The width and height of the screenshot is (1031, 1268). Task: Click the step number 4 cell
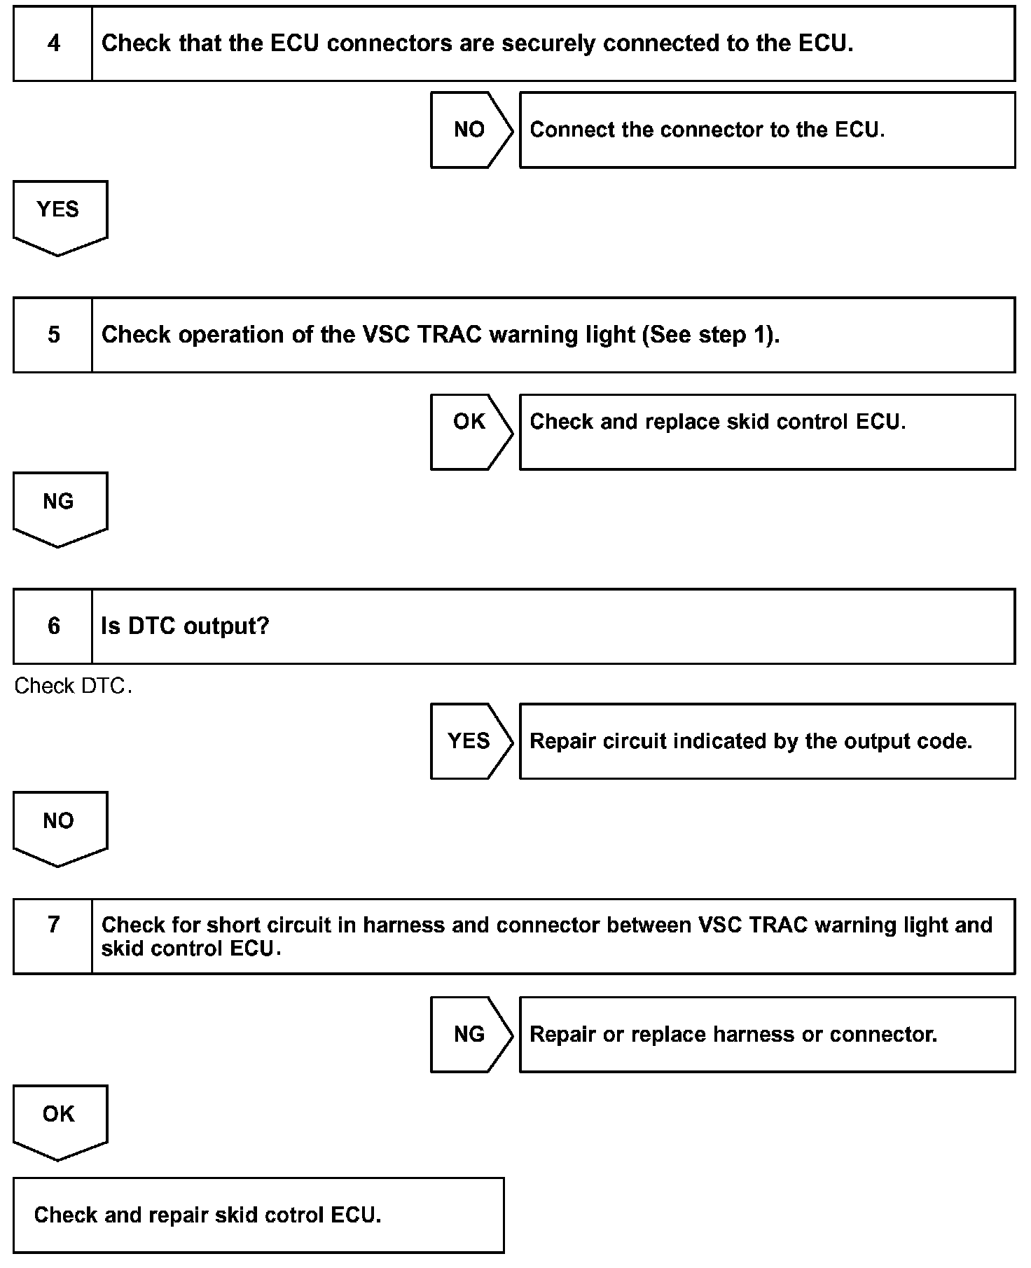tap(53, 43)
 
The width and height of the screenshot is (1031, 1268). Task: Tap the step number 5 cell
tap(53, 335)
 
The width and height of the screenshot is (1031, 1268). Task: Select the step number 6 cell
tap(53, 626)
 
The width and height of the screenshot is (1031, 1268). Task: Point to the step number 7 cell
tap(53, 936)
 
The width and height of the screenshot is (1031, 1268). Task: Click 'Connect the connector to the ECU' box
tap(767, 130)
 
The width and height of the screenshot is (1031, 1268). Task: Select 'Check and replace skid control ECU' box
tap(767, 432)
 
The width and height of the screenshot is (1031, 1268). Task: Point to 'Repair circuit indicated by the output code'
tap(751, 741)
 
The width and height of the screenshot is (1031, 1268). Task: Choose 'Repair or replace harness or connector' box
tap(767, 1034)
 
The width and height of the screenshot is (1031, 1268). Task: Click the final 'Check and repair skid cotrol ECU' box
tap(258, 1215)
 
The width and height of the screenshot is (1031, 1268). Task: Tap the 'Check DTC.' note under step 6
tap(73, 686)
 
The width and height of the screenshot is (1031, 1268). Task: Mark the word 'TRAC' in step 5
tap(449, 335)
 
